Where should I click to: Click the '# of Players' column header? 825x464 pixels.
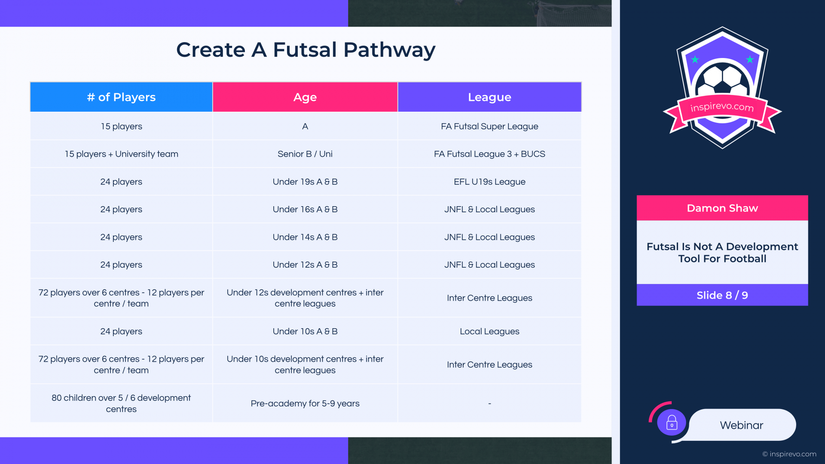click(121, 97)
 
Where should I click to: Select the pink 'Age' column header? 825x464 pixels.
click(305, 97)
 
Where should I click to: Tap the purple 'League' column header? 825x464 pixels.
click(489, 97)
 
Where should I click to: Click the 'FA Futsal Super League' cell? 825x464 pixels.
click(489, 126)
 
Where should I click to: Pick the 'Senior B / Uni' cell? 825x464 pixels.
click(305, 154)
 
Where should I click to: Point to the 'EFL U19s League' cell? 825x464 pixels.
click(489, 182)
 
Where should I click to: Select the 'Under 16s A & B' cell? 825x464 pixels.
click(305, 209)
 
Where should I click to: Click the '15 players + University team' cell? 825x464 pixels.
click(121, 154)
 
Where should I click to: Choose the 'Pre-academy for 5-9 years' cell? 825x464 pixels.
click(305, 403)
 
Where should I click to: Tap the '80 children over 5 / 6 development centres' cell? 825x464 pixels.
click(121, 403)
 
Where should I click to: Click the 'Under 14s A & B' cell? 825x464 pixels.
click(305, 237)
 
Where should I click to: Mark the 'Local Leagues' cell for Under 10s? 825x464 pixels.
click(489, 331)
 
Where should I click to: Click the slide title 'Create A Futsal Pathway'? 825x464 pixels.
click(306, 50)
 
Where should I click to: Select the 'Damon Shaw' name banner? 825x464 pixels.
click(722, 208)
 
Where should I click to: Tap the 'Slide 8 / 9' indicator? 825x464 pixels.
click(722, 295)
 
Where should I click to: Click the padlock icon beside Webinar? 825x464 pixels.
click(672, 423)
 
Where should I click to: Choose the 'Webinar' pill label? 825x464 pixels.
click(742, 425)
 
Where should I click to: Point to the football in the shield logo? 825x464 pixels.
click(722, 79)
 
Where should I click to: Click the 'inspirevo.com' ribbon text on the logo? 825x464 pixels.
click(722, 107)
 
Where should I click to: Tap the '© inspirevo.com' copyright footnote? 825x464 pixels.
click(789, 454)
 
